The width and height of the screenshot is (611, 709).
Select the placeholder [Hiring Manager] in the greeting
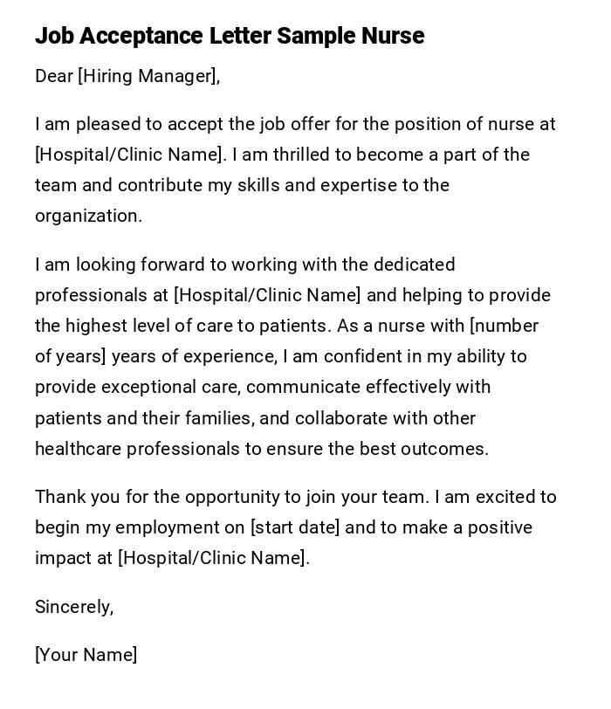[147, 76]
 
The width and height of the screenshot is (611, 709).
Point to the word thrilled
[304, 155]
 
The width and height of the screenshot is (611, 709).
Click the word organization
[87, 216]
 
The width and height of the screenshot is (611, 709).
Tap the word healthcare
[79, 449]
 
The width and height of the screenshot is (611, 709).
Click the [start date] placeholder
[295, 527]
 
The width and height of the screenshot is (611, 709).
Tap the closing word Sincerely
[73, 607]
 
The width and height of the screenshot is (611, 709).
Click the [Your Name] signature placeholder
[86, 655]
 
